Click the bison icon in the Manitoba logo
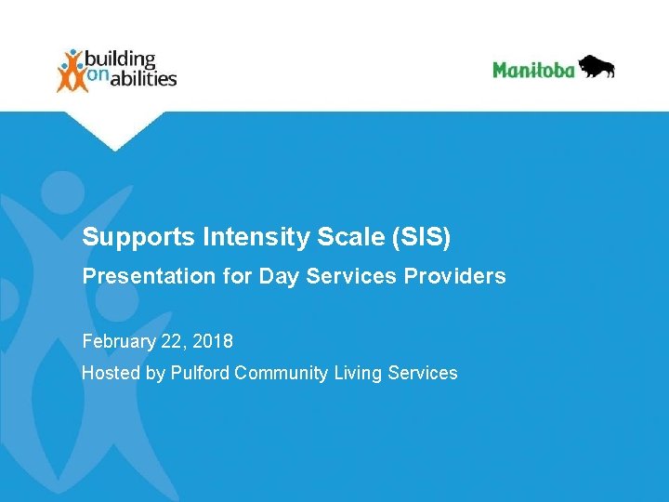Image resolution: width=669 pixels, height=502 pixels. click(596, 67)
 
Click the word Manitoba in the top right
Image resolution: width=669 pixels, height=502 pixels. click(533, 70)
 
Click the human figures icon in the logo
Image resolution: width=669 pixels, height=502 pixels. click(72, 71)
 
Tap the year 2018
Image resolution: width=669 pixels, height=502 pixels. click(214, 341)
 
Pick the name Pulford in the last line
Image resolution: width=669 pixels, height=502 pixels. click(201, 373)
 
